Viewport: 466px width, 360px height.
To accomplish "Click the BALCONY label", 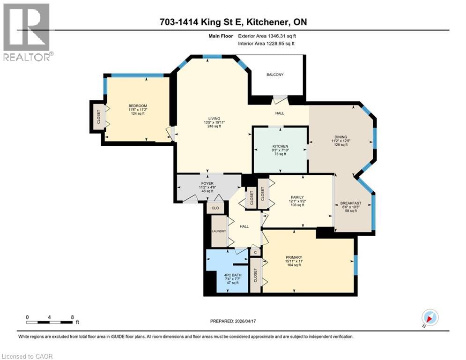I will coord(275,75).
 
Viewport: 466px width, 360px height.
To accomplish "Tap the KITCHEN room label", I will coord(280,146).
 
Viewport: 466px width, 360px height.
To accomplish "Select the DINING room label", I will coord(340,136).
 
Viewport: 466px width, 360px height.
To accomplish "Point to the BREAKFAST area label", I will coord(350,203).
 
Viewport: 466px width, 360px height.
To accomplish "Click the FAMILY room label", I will coord(296,197).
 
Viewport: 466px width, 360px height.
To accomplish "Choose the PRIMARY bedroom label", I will coord(294,257).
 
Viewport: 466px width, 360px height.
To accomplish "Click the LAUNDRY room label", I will coord(219,231).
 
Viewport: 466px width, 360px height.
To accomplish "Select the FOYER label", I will coord(207,183).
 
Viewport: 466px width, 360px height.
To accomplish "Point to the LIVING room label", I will coord(214,118).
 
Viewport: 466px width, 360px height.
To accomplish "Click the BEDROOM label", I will coord(138,105).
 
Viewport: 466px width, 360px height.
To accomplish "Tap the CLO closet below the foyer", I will coord(215,208).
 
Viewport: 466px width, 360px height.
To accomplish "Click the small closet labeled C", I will coord(255,253).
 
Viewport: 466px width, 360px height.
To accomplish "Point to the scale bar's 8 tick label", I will coord(72,317).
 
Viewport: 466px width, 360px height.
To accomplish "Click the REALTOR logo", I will coord(27,32).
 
